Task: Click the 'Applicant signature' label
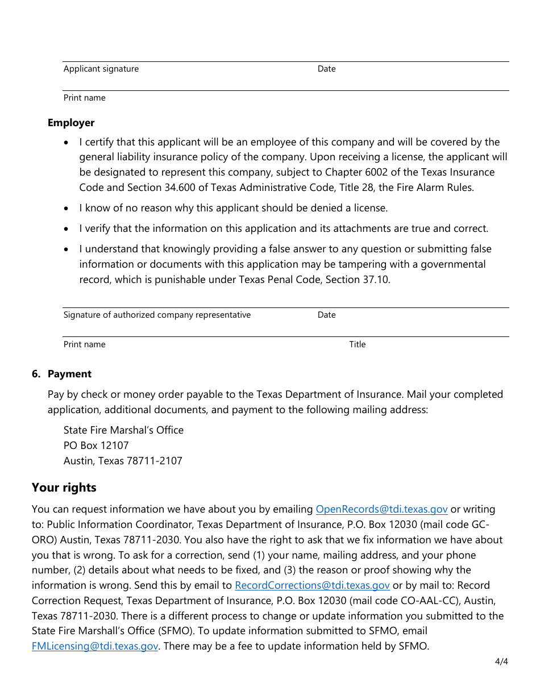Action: (101, 69)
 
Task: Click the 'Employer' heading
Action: (71, 123)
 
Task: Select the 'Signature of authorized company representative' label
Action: (157, 315)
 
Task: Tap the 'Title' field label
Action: (357, 344)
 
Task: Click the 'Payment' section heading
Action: (69, 374)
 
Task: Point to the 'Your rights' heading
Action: (64, 488)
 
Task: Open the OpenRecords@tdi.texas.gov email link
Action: (381, 509)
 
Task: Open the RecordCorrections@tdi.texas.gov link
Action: (312, 585)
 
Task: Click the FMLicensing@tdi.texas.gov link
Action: (95, 646)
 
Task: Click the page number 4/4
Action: (501, 661)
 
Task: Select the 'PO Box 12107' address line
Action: (96, 446)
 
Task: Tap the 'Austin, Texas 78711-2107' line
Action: (123, 461)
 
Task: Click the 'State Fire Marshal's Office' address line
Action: (123, 430)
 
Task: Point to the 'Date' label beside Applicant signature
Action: (326, 69)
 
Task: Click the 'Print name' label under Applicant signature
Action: (84, 98)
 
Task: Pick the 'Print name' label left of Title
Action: (84, 344)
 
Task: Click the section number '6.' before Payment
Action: (36, 374)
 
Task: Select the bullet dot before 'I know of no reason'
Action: (68, 209)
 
